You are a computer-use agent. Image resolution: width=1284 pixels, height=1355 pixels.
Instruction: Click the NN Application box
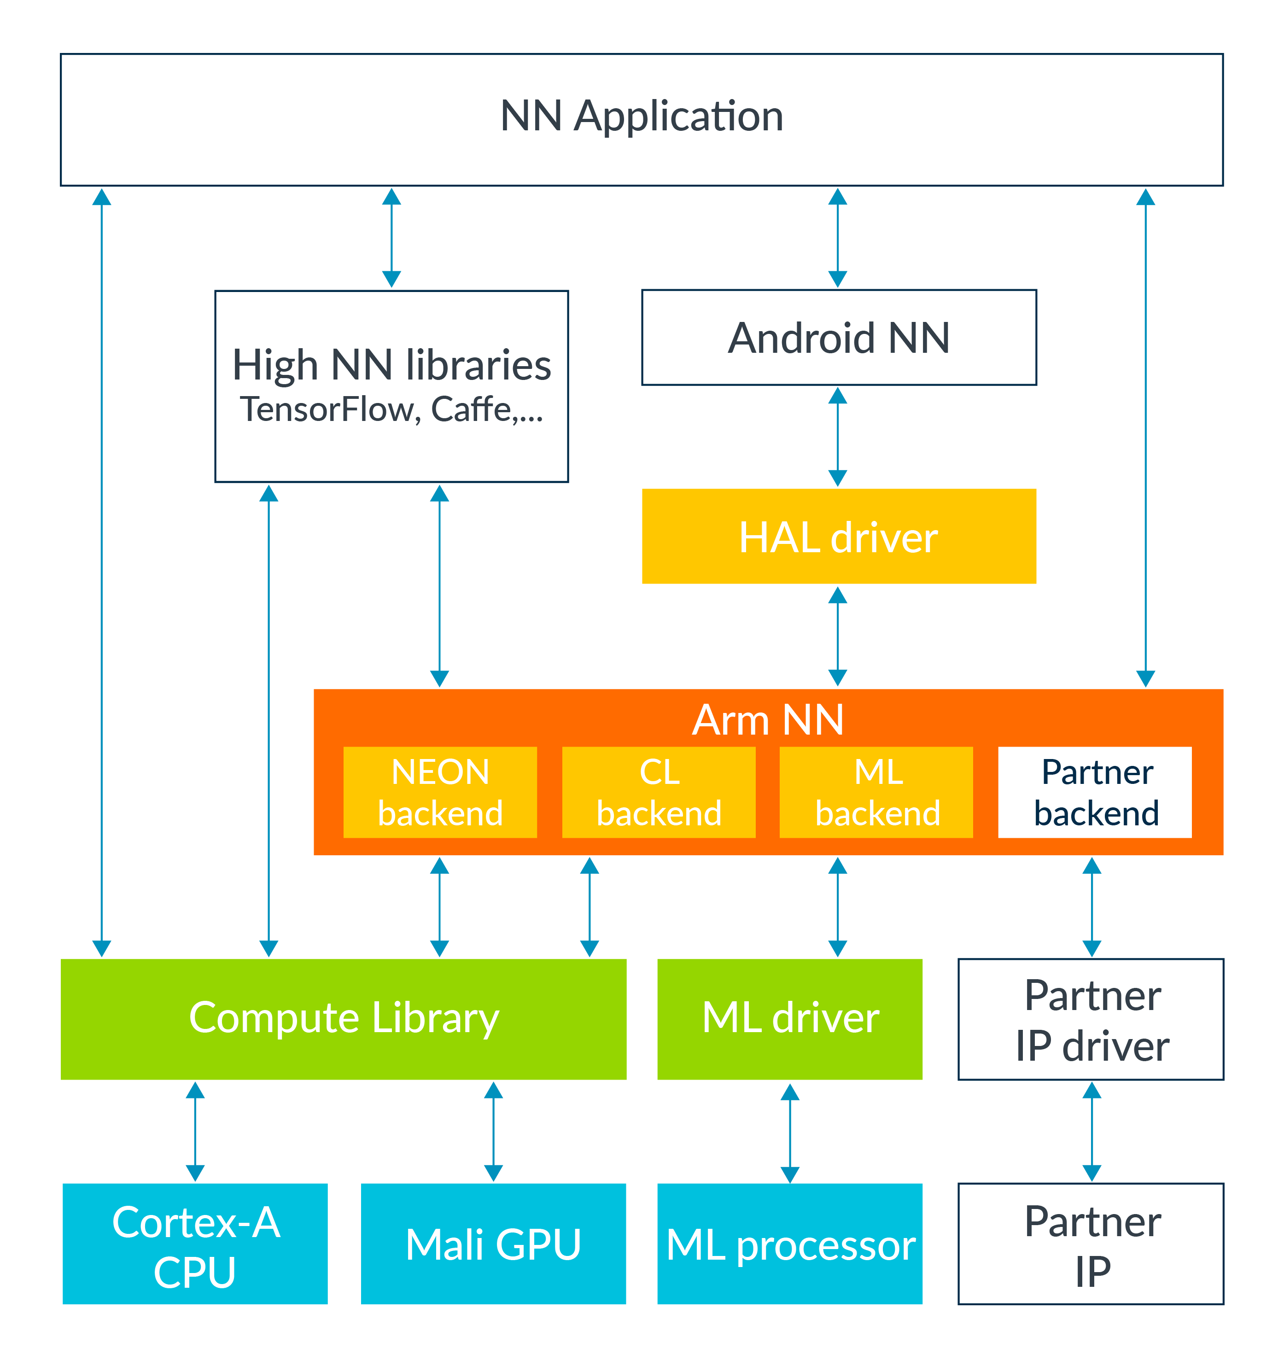642,119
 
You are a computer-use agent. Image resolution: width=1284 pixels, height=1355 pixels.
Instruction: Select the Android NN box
839,338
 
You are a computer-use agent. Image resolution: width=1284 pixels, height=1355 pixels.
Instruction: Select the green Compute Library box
343,1018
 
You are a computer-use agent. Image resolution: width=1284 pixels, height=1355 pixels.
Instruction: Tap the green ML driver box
789,1018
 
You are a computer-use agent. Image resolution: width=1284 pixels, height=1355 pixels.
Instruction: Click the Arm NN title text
767,719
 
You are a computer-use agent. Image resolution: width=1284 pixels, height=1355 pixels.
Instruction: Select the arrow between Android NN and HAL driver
838,437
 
